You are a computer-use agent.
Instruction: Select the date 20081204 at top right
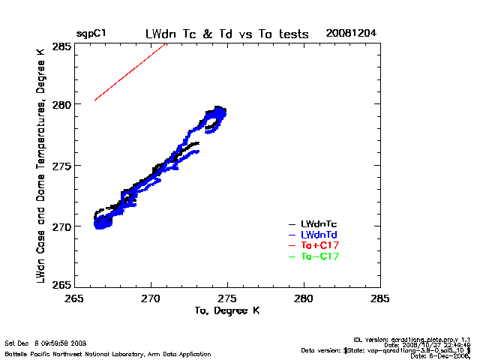(351, 34)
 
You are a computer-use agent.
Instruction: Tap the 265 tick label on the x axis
(73, 297)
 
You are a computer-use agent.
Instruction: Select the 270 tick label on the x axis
(151, 297)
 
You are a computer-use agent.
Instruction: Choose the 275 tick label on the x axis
(227, 297)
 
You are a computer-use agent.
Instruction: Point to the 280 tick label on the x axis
(304, 297)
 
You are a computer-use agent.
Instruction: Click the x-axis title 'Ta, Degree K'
(226, 310)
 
